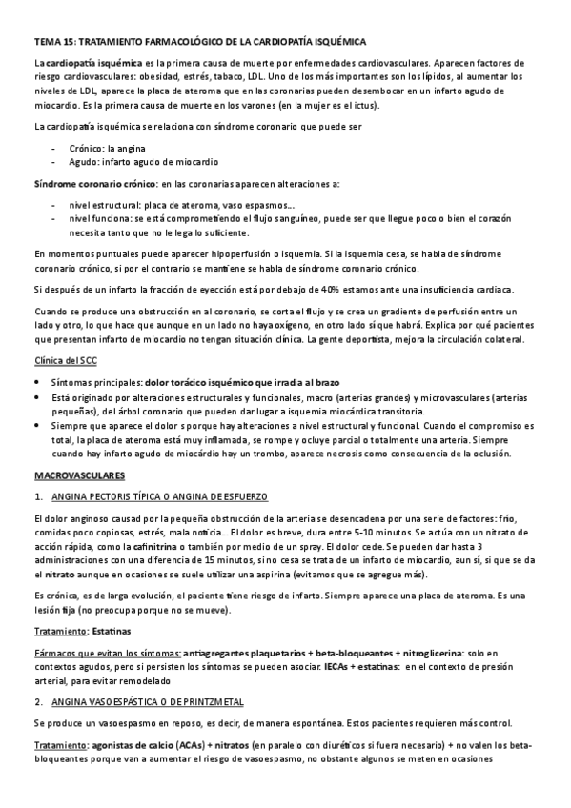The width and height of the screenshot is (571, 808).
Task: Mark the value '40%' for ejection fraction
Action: [329, 290]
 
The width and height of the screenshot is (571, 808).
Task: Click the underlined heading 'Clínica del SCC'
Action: [65, 361]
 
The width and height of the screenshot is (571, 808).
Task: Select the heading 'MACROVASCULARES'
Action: [75, 475]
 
